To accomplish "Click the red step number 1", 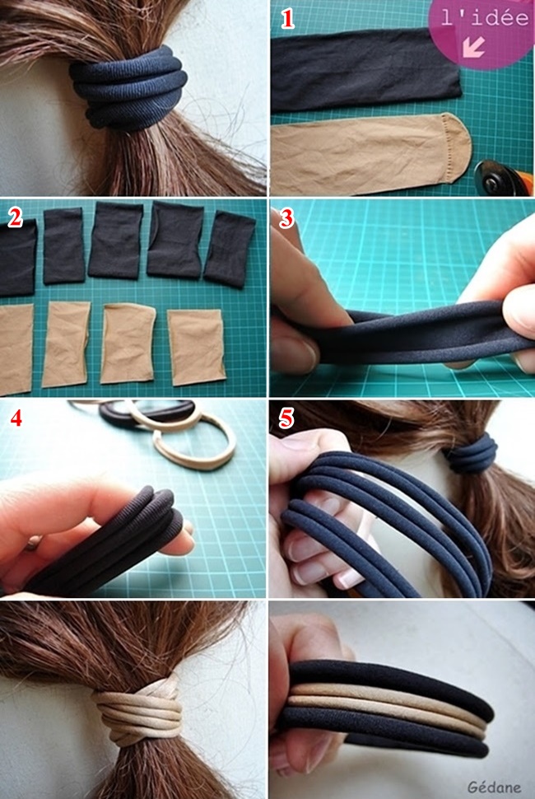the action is (x=287, y=20).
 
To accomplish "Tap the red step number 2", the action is (x=16, y=218).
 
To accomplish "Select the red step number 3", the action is (x=286, y=218).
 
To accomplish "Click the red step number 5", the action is (x=286, y=419).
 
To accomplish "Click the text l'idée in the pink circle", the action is (x=485, y=18).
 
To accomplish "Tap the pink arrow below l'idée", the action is (x=473, y=47).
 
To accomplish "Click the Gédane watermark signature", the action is (x=494, y=787).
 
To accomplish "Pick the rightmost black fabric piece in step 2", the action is (x=230, y=250).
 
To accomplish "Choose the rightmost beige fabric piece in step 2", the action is (x=197, y=347).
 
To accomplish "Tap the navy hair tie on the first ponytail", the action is (x=128, y=87).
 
